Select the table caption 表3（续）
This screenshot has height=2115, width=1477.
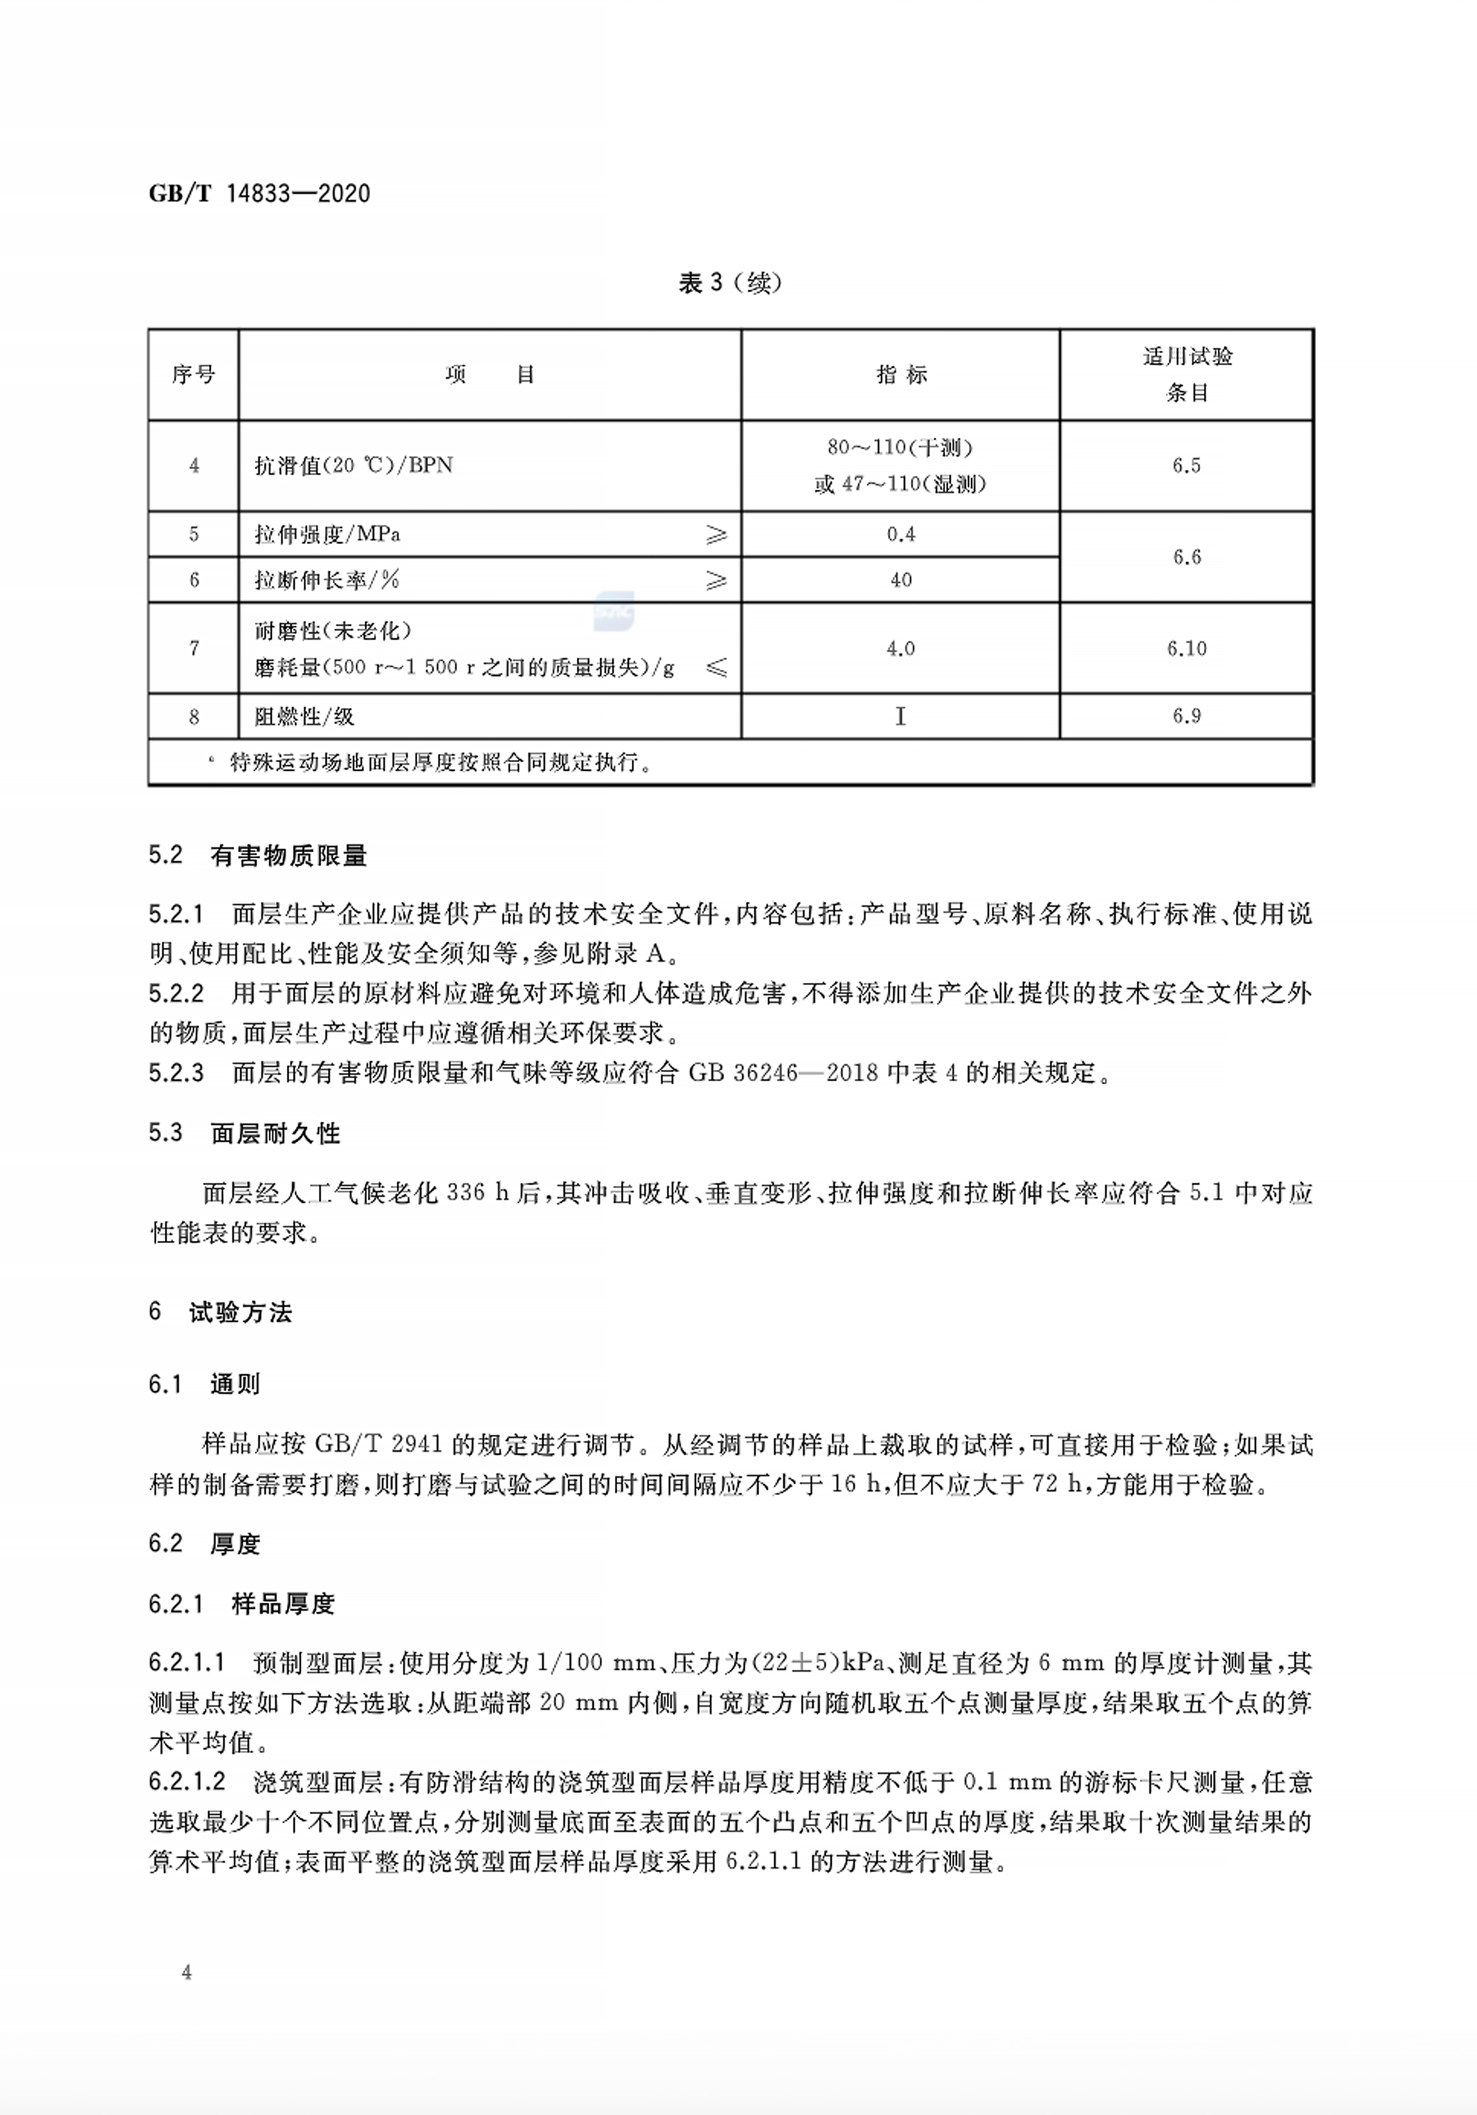click(x=729, y=283)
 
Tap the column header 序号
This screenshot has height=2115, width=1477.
click(x=193, y=374)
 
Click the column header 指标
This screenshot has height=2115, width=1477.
click(x=901, y=374)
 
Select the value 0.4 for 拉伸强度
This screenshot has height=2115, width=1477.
click(x=901, y=534)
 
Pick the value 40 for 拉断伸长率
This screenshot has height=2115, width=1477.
click(x=901, y=580)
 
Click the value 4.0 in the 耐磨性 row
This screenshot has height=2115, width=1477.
click(x=901, y=649)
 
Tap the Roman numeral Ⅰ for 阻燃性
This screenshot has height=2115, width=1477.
click(x=901, y=716)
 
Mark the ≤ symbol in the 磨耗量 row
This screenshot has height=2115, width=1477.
click(x=715, y=667)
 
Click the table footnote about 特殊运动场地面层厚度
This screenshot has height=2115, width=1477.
click(x=433, y=763)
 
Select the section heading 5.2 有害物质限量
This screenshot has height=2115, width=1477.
click(x=258, y=856)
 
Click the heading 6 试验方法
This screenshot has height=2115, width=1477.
click(x=220, y=1312)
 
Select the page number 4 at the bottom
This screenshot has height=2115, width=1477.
click(x=187, y=1972)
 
